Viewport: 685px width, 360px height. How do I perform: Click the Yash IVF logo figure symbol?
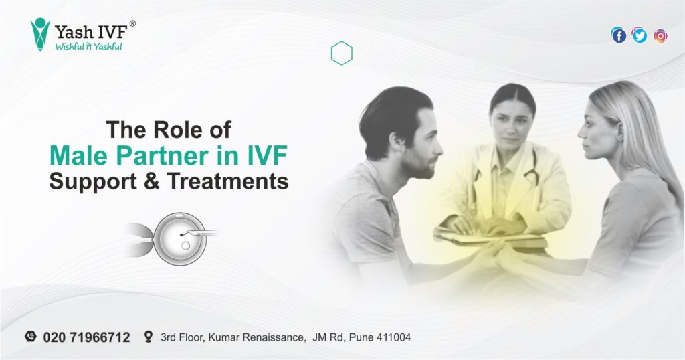40,34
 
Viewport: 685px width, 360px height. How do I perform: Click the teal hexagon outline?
341,54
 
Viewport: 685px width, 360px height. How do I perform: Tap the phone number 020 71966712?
86,337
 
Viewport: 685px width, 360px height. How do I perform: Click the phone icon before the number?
30,337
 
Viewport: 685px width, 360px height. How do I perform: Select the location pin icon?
148,337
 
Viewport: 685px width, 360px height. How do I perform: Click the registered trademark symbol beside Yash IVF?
132,23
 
